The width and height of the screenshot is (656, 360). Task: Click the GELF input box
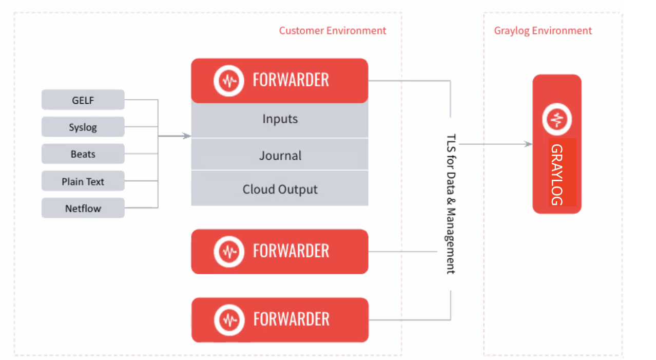coord(83,100)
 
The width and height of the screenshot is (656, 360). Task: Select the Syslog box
coord(83,127)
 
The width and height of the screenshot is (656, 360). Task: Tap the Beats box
coord(83,154)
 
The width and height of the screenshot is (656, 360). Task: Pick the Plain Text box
coord(83,181)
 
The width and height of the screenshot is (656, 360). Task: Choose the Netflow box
coord(83,208)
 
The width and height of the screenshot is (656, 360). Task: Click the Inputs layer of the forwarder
coord(280,119)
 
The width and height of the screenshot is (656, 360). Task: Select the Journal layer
coord(280,156)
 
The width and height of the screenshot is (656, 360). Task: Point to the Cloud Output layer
coord(280,189)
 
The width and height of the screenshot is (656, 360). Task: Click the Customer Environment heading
coord(332,31)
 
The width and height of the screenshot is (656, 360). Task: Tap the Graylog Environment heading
coord(543,31)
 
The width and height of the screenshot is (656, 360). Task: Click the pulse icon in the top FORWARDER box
coord(228,81)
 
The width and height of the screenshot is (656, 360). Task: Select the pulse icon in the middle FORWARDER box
coord(228,251)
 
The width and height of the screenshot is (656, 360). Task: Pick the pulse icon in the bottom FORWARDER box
coord(229,319)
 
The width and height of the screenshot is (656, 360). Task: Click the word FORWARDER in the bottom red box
coord(291,319)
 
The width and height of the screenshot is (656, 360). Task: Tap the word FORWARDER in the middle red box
coord(291,251)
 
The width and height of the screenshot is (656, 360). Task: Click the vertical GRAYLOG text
coord(557,174)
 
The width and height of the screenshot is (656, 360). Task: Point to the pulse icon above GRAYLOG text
coord(557,119)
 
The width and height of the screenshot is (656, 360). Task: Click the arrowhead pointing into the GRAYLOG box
coord(529,144)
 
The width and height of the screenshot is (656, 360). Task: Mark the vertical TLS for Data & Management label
coord(451,204)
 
